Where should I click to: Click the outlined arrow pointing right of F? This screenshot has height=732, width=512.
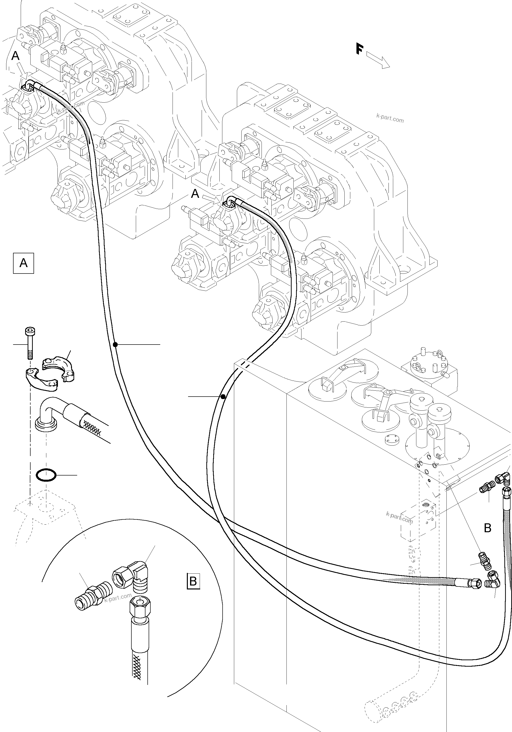pos(378,60)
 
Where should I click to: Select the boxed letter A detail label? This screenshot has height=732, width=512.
pos(23,263)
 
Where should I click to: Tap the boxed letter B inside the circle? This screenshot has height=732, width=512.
pos(193,581)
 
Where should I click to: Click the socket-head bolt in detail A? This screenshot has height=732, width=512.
pos(29,343)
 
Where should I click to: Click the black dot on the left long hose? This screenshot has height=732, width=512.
pos(115,344)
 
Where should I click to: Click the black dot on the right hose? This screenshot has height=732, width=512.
pos(223,397)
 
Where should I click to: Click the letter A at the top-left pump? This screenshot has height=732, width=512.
pos(15,56)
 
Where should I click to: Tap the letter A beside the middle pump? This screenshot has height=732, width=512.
pos(195,194)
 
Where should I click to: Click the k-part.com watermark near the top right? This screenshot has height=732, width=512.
pos(390,120)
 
